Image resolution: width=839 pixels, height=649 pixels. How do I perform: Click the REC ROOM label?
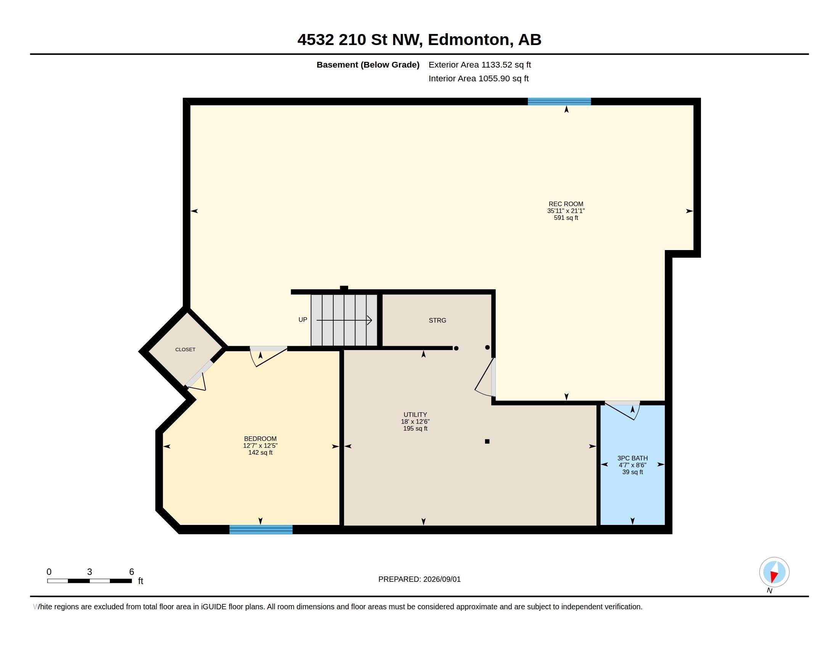pos(566,204)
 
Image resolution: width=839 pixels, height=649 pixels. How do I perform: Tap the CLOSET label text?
pos(185,349)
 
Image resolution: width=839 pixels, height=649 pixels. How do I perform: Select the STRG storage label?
pos(437,320)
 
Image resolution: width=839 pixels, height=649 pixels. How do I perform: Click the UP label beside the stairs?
pos(303,320)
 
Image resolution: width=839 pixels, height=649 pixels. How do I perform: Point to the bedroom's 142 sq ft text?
pos(260,452)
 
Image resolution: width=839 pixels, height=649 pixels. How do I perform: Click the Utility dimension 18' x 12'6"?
pos(415,421)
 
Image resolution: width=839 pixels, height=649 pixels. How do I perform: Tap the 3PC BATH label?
pos(632,458)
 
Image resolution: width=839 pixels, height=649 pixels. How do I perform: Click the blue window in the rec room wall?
pos(559,102)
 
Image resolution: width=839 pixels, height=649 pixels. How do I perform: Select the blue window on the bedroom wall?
pos(261,530)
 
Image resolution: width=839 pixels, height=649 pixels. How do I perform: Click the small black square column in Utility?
pos(487,441)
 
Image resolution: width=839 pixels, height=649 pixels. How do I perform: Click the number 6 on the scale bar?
pos(132,572)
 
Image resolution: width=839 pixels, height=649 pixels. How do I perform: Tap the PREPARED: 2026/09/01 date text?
pos(419,579)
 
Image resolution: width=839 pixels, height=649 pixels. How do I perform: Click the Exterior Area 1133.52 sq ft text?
pos(479,65)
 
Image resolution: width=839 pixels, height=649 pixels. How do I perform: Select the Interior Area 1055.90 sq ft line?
pos(478,78)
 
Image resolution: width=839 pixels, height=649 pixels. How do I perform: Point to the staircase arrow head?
pos(369,320)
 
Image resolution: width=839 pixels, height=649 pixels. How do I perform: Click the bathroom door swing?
pos(623,411)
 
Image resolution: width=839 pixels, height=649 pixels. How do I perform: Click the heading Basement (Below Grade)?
pos(368,65)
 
